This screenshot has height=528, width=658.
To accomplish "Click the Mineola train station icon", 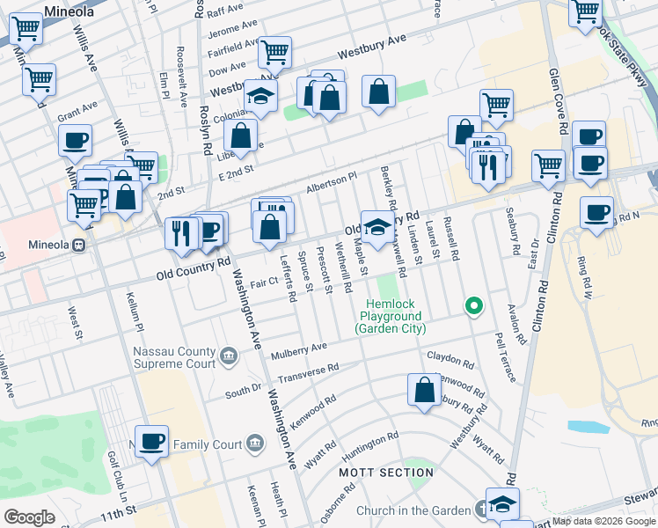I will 79,245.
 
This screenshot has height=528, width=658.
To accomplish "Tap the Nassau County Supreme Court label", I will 174,357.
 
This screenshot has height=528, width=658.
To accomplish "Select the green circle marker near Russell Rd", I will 474,306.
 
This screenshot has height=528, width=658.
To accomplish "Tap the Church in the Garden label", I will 413,510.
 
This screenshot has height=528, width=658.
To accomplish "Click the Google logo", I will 30,517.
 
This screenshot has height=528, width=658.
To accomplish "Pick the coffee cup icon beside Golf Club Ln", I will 151,441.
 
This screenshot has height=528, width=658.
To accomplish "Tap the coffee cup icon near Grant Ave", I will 75,140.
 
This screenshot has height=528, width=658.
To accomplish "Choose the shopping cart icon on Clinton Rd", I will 548,165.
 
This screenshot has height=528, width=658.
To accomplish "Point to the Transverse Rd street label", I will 308,374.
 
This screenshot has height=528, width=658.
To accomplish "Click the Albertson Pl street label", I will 331,182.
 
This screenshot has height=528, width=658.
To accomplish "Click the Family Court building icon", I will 254,441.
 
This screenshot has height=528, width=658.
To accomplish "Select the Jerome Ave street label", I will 233,33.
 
